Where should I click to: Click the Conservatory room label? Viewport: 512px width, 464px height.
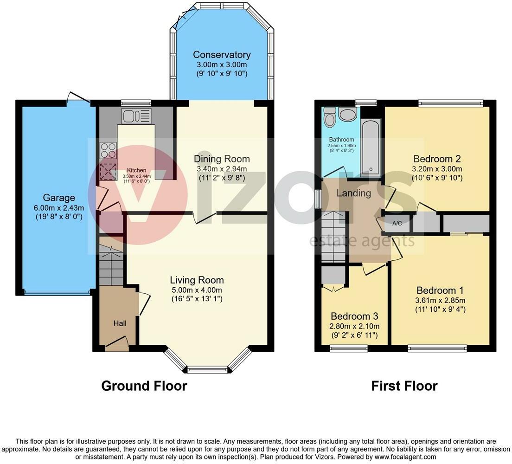(x=222, y=55)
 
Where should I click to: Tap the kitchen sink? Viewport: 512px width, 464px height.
(x=136, y=116)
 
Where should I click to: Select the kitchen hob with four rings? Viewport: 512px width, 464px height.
(x=108, y=151)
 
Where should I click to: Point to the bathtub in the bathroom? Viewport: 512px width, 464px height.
(x=371, y=148)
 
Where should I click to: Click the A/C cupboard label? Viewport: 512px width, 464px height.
(x=397, y=224)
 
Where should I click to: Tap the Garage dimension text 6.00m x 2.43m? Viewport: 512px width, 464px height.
(x=59, y=208)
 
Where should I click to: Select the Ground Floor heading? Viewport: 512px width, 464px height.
(x=144, y=386)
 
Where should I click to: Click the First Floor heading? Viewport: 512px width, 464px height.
(x=404, y=386)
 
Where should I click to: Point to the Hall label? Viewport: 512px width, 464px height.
(x=120, y=323)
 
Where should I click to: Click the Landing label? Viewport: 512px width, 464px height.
(x=354, y=193)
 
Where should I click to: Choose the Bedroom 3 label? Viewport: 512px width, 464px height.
(x=354, y=316)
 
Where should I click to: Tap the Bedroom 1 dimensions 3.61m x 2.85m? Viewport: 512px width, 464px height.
(x=440, y=300)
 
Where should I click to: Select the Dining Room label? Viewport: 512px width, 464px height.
(x=222, y=159)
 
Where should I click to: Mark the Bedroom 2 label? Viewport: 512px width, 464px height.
(x=437, y=159)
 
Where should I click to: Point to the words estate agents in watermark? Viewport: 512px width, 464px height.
(x=362, y=241)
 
